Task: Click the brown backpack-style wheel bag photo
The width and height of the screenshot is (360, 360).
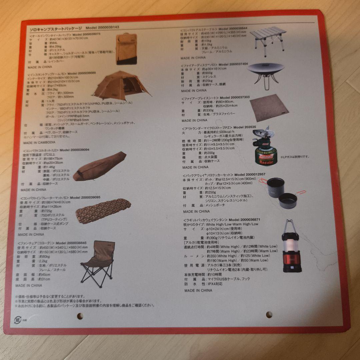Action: (x=126, y=49)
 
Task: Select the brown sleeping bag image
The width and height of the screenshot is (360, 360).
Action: (x=100, y=166)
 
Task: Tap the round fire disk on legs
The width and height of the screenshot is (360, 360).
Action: (x=266, y=73)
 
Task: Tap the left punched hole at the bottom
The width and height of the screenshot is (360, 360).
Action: (x=80, y=315)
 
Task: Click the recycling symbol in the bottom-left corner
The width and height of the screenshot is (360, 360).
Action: (x=18, y=320)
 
